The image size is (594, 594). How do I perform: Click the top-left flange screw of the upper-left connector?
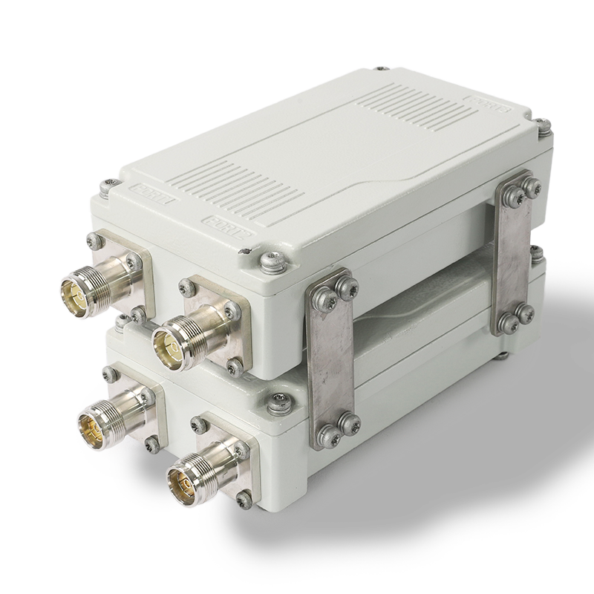tap(91, 239)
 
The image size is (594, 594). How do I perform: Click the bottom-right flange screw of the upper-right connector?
tap(235, 365)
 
